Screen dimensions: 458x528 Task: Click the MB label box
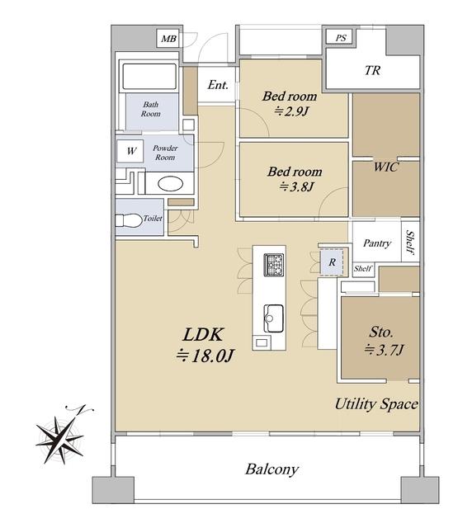[168, 39]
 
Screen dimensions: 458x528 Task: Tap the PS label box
[341, 37]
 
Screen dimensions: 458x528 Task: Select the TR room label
[372, 70]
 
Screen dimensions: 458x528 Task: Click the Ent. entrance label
[218, 84]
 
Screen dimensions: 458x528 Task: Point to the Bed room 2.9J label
[290, 103]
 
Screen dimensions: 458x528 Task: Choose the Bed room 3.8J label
[295, 178]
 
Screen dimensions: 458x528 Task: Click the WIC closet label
[386, 167]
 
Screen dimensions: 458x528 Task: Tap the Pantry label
[377, 243]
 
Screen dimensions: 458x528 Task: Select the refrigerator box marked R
[332, 262]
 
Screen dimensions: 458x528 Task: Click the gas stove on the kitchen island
[273, 265]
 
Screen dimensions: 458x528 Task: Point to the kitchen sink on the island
[273, 318]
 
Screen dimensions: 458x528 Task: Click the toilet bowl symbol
[129, 220]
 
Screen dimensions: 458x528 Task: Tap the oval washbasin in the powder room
[170, 184]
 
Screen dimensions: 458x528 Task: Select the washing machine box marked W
[130, 151]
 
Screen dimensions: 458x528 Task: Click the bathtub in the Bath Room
[149, 77]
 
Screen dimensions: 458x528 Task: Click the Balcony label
[271, 469]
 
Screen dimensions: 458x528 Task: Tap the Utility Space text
[376, 403]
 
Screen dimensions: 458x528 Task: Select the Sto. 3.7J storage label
[383, 341]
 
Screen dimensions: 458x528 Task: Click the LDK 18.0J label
[204, 345]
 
